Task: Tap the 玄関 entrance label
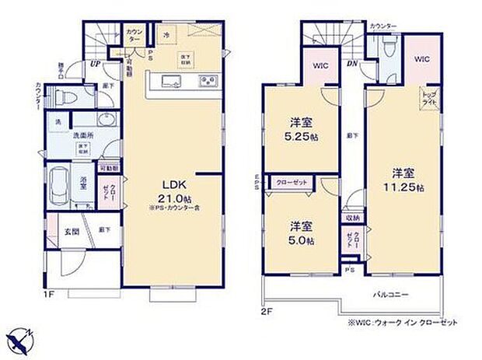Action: click(71, 230)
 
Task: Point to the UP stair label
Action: click(94, 64)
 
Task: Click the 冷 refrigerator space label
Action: click(166, 36)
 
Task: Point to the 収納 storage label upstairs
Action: click(352, 217)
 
